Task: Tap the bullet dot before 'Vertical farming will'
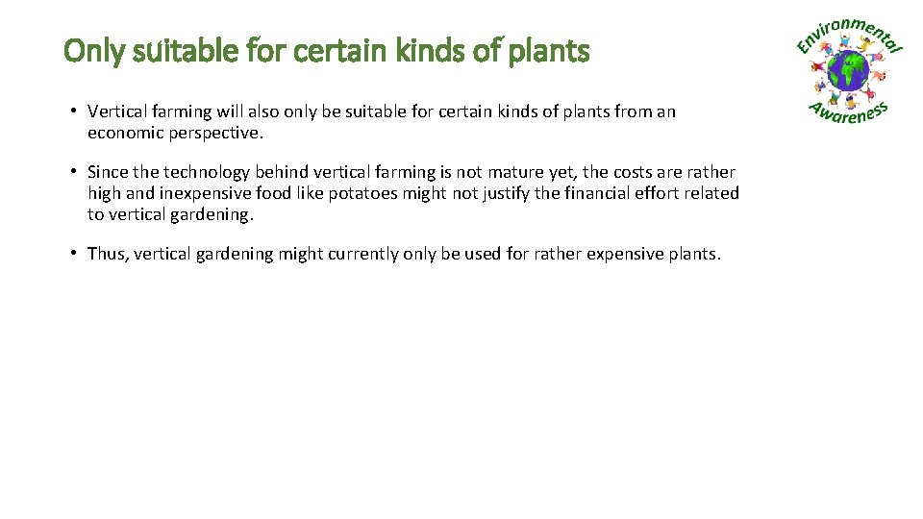pyautogui.click(x=73, y=111)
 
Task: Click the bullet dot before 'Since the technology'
pyautogui.click(x=73, y=172)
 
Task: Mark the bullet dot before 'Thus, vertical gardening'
pyautogui.click(x=73, y=254)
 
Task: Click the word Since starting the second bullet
pyautogui.click(x=107, y=172)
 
